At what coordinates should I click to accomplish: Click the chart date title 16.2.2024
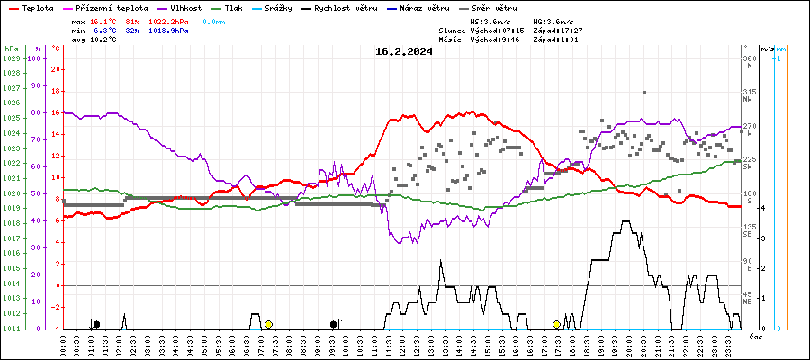coord(404,51)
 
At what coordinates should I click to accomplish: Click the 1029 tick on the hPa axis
coord(12,58)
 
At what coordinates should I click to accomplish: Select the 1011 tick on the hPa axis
coord(12,328)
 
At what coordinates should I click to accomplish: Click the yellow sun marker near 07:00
coord(268,324)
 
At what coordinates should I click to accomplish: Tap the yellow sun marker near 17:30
coord(556,324)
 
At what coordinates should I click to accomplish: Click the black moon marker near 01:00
coord(96,324)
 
